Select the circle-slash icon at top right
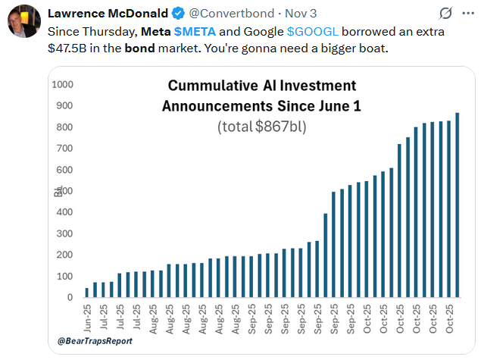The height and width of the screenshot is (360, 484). tap(446, 13)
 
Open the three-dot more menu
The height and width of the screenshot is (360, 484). tap(468, 13)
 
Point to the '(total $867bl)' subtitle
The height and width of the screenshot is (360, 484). tap(261, 126)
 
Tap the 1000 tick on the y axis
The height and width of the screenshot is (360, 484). tap(61, 83)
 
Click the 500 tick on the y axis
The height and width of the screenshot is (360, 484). tap(64, 190)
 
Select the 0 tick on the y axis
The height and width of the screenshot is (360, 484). tap(69, 298)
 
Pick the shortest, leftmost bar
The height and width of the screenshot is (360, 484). tap(86, 293)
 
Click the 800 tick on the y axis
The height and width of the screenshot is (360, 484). tap(64, 127)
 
